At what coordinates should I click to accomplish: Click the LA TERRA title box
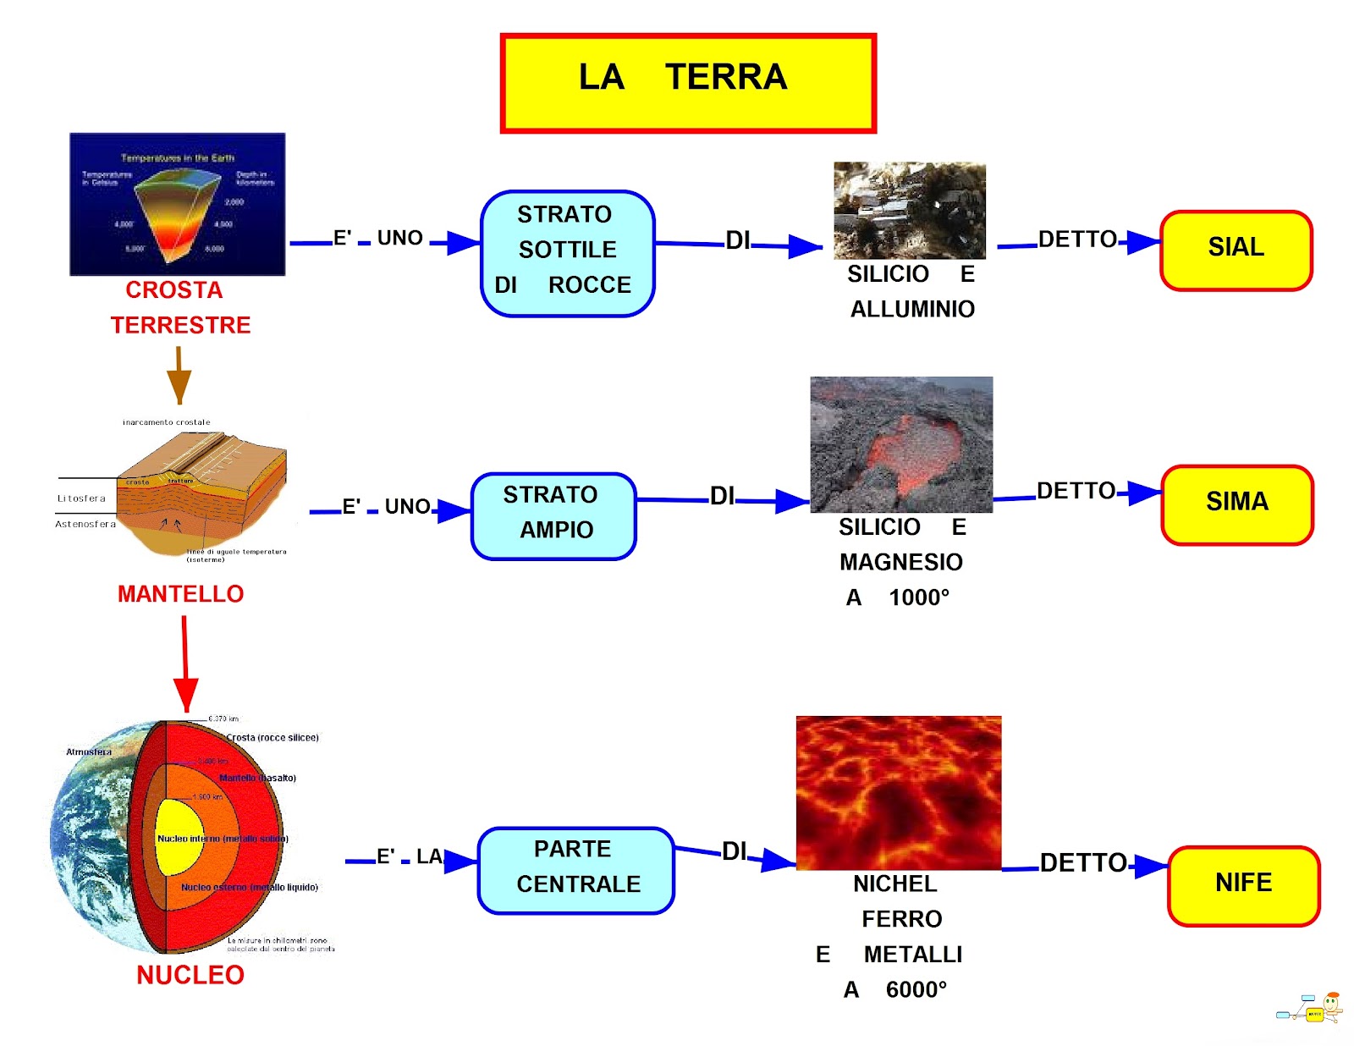[687, 83]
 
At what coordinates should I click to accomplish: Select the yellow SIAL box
[1236, 250]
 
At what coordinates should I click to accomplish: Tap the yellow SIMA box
[1236, 504]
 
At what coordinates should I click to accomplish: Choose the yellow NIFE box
[1243, 885]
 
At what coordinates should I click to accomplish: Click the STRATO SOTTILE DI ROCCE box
[567, 252]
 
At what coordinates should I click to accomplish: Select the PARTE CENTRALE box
[575, 869]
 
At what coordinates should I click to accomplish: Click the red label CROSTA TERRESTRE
[179, 308]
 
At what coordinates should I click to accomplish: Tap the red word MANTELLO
[180, 594]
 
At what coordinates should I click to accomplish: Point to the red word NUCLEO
[190, 975]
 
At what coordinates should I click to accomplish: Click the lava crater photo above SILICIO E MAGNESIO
[900, 444]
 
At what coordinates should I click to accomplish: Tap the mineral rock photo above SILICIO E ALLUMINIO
[909, 210]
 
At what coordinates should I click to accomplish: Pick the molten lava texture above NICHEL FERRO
[898, 792]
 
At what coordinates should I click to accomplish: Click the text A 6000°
[895, 989]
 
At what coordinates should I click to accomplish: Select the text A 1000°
[898, 597]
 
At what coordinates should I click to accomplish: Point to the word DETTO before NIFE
[1082, 863]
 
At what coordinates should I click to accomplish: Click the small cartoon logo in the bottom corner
[1311, 1009]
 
